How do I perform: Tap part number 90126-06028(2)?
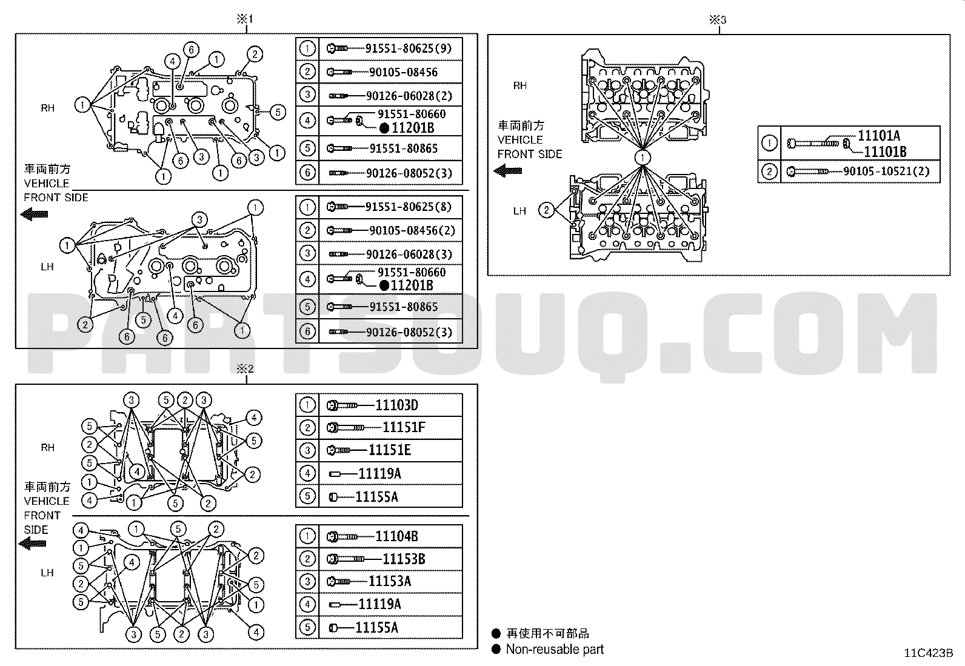pyautogui.click(x=409, y=96)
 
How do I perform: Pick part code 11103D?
pyautogui.click(x=397, y=405)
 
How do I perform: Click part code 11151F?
pyautogui.click(x=404, y=427)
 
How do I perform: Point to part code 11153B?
pyautogui.click(x=404, y=559)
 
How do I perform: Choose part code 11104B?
pyautogui.click(x=397, y=536)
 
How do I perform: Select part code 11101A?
pyautogui.click(x=879, y=136)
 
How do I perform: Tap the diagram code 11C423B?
pyautogui.click(x=929, y=653)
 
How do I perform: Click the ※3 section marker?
pyautogui.click(x=718, y=20)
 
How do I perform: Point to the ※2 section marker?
pyautogui.click(x=245, y=369)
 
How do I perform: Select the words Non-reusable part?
pyautogui.click(x=555, y=649)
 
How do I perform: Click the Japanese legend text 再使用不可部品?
pyautogui.click(x=547, y=633)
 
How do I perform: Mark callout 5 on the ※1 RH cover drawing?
pyautogui.click(x=278, y=113)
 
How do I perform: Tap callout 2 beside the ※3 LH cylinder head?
pyautogui.click(x=547, y=210)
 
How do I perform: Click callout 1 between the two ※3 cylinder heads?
pyautogui.click(x=643, y=157)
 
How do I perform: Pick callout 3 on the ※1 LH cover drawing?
pyautogui.click(x=199, y=220)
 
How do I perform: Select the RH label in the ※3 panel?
pyautogui.click(x=520, y=85)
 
